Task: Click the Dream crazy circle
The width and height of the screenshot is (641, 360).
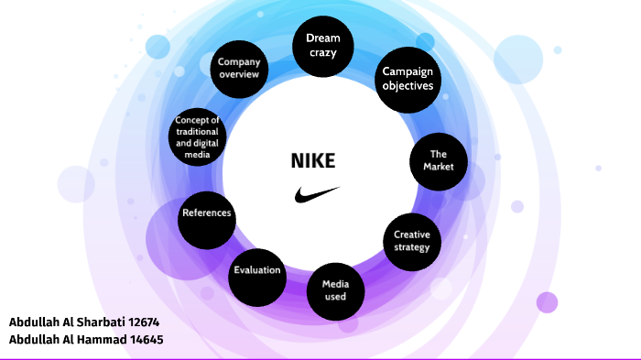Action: pyautogui.click(x=322, y=46)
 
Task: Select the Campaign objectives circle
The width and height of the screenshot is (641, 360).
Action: pyautogui.click(x=408, y=79)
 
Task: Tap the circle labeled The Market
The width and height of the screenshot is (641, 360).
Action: pyautogui.click(x=439, y=161)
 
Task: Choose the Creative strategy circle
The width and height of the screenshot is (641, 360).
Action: pyautogui.click(x=411, y=241)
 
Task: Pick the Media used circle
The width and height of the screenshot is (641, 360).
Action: pyautogui.click(x=335, y=290)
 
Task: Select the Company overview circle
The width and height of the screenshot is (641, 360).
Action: pyautogui.click(x=239, y=69)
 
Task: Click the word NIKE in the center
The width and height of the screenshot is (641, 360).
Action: pyautogui.click(x=313, y=161)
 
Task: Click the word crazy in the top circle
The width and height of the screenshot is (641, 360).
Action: pyautogui.click(x=322, y=54)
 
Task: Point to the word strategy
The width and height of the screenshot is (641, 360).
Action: pyautogui.click(x=411, y=247)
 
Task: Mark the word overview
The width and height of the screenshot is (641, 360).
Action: pyautogui.click(x=239, y=75)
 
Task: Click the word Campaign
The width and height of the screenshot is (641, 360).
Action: pyautogui.click(x=408, y=71)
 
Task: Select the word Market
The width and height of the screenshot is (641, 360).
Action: pyautogui.click(x=439, y=168)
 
